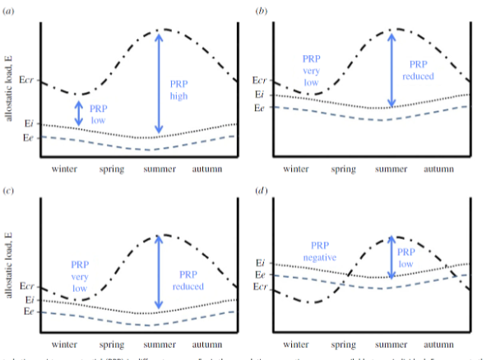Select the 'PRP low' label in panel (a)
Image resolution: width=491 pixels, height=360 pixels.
98,113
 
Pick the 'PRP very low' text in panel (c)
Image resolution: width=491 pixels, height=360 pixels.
80,277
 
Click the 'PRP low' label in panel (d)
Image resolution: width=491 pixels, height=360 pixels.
406,258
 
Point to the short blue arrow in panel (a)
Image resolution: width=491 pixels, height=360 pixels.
79,113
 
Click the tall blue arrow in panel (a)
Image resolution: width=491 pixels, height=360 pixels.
158,83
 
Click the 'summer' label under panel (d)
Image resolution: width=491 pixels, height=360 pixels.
392,344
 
